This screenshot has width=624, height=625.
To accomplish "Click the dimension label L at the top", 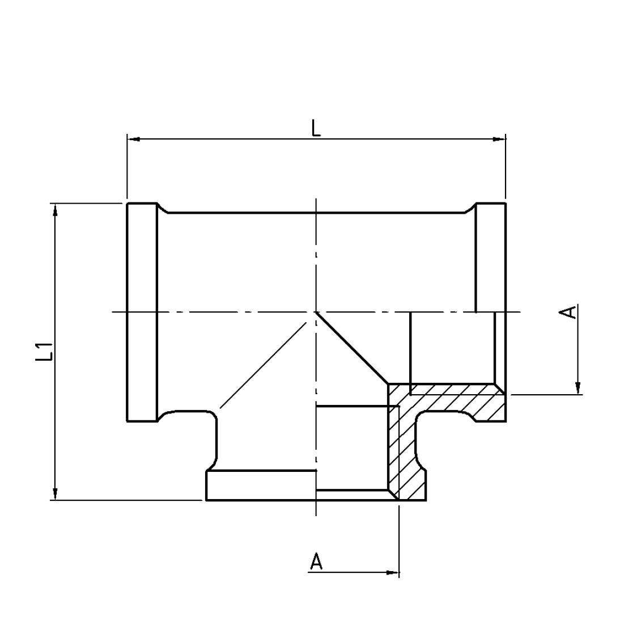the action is [x=316, y=128].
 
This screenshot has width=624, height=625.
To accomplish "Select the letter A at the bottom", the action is [x=316, y=561].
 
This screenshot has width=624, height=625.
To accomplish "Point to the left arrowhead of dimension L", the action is [x=133, y=139].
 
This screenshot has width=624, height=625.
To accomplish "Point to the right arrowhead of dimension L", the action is [x=499, y=139].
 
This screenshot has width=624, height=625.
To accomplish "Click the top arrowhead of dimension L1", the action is [x=56, y=210].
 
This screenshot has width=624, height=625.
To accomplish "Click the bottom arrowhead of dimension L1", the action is [x=56, y=493].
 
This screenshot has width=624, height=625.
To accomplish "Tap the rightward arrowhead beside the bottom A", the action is [x=393, y=573].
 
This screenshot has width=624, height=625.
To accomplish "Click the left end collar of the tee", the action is [x=142, y=312].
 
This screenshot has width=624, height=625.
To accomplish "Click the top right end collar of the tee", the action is [x=491, y=257].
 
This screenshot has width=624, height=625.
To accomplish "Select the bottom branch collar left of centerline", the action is [x=261, y=485].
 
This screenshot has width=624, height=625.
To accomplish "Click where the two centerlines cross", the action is [x=316, y=312].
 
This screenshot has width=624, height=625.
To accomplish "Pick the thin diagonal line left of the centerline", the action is [x=263, y=365].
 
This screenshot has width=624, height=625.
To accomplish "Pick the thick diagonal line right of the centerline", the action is [x=352, y=348].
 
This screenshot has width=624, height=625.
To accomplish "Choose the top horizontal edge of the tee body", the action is [x=316, y=213].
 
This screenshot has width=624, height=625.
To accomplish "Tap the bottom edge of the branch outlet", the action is [x=316, y=500].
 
